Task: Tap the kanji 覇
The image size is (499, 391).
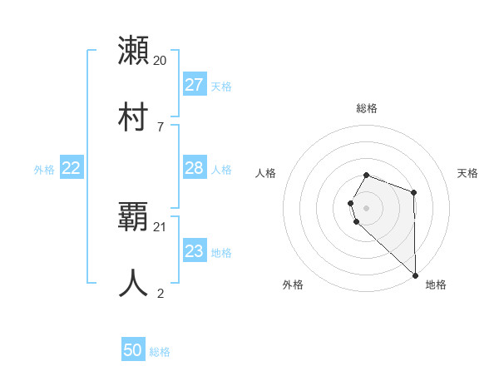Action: click(134, 215)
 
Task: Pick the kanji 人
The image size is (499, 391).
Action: click(134, 283)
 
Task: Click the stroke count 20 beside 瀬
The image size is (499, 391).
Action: click(161, 61)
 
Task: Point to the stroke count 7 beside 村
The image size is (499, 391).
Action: click(161, 127)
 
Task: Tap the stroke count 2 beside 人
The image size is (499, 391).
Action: click(161, 294)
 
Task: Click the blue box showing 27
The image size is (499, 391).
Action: click(195, 85)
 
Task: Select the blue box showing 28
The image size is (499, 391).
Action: click(195, 168)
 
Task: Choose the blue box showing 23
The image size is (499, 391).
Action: click(195, 251)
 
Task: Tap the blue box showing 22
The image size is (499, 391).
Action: click(72, 168)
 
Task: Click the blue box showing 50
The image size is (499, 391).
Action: click(133, 350)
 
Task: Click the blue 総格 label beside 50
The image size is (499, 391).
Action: click(160, 352)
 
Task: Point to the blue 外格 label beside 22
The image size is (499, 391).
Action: click(44, 170)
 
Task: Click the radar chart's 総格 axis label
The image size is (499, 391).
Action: click(367, 108)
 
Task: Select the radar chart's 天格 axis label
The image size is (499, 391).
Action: click(468, 173)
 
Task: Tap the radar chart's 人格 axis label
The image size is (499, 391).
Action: click(265, 173)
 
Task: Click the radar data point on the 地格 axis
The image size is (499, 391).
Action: click(415, 275)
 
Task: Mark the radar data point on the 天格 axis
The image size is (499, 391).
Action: click(414, 192)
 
